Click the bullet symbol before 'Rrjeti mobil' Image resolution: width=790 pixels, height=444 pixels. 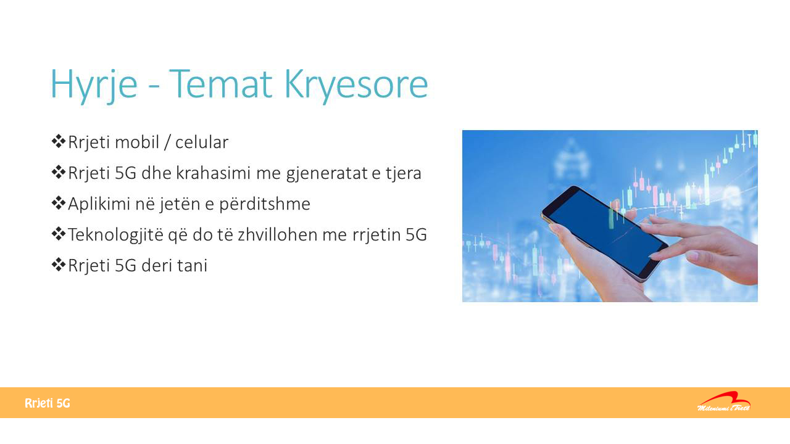[x=58, y=141]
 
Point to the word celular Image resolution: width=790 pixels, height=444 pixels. [x=202, y=142]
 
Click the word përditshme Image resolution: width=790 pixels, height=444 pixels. [x=265, y=204]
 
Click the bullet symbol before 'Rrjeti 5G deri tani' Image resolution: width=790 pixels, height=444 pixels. [x=58, y=265]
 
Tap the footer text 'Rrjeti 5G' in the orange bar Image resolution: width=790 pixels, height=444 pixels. [x=48, y=403]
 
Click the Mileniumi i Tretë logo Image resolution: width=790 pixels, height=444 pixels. [x=724, y=401]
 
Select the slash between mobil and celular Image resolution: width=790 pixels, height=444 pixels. [x=167, y=142]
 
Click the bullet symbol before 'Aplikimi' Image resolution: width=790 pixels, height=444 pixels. [x=58, y=203]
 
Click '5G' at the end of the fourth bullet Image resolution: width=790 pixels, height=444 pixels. [x=416, y=235]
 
